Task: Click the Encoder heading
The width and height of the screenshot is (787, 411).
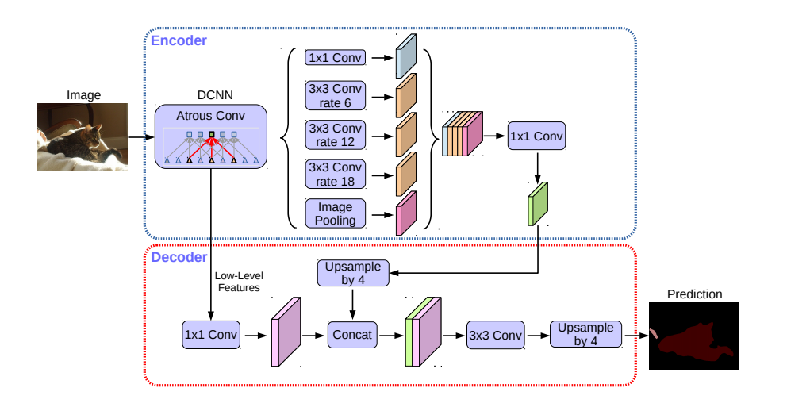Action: pos(179,40)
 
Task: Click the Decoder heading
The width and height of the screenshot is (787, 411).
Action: pos(179,257)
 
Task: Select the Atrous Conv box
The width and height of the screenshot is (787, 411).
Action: pos(211,136)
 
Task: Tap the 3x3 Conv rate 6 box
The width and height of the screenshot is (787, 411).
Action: pos(336,95)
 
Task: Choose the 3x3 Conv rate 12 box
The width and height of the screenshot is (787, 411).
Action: pos(336,135)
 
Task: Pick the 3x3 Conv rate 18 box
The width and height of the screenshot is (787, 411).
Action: pos(336,174)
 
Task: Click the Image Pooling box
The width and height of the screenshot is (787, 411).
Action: pos(336,213)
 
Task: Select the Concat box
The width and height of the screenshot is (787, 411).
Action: pos(352,335)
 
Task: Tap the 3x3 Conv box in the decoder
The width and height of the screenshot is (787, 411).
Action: pos(495,335)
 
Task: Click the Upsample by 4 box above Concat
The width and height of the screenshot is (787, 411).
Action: pos(353,273)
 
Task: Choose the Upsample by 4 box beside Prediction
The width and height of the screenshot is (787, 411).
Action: pos(585,334)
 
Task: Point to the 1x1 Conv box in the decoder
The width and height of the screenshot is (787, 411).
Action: pos(211,335)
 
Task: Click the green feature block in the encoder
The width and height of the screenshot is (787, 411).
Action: pos(538,204)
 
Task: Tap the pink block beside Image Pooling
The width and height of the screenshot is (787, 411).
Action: pos(406,213)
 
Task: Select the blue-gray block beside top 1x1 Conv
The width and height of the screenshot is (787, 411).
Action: pos(406,56)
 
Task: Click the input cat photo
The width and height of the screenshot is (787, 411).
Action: pos(83,137)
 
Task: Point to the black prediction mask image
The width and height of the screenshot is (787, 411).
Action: pos(694,336)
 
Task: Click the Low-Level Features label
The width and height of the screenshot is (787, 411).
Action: pos(239,282)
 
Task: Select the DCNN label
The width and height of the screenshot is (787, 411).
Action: pos(215,95)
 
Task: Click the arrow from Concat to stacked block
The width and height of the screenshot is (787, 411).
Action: pos(391,335)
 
